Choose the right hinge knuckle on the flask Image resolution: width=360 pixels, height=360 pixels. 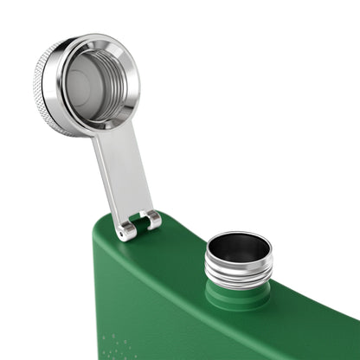(x=153, y=220)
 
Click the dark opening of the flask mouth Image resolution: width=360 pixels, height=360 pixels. (x=239, y=247)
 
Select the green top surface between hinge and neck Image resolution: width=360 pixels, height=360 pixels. (x=186, y=251)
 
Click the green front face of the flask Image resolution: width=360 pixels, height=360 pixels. (x=216, y=333)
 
